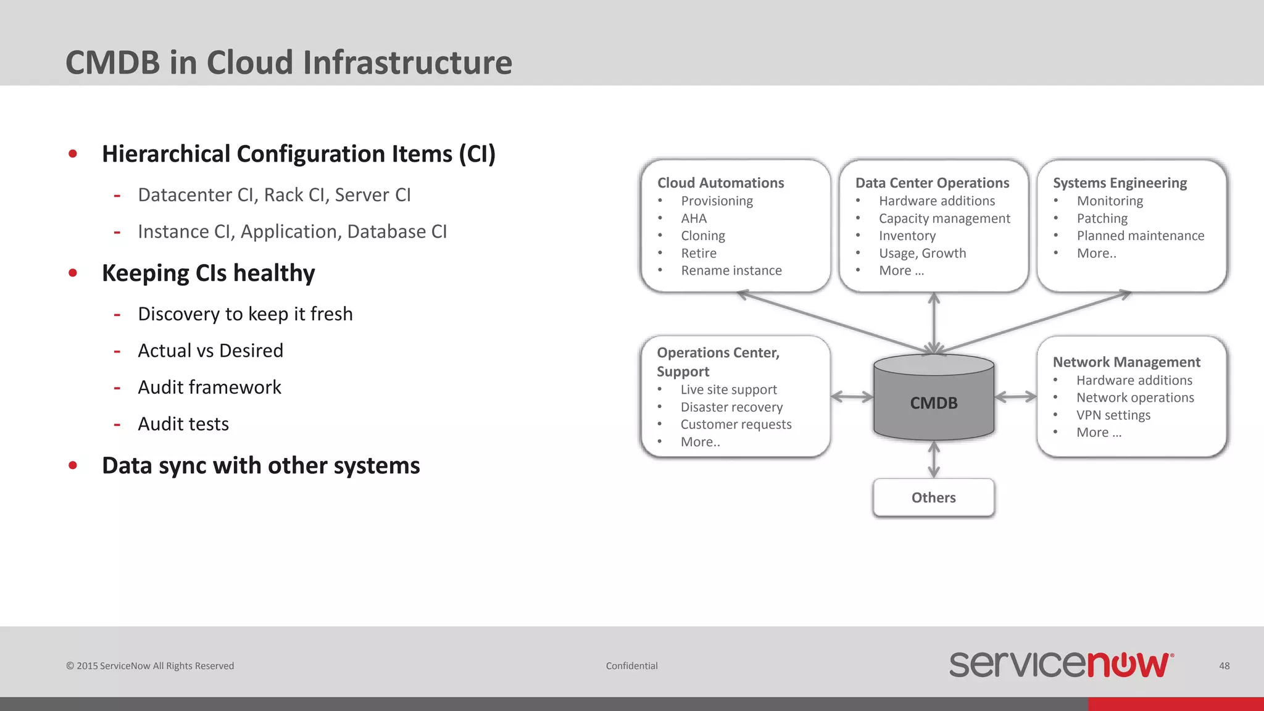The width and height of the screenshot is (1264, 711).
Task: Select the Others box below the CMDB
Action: point(933,497)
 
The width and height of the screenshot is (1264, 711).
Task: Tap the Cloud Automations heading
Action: point(720,183)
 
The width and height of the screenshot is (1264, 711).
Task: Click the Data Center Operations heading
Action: point(932,183)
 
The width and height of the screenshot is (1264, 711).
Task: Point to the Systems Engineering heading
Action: point(1120,183)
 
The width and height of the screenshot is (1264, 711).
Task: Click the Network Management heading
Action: point(1126,362)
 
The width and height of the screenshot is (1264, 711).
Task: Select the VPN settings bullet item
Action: point(1113,415)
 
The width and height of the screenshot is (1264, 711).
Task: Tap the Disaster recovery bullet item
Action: point(731,407)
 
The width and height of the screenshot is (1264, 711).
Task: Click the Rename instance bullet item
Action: point(731,270)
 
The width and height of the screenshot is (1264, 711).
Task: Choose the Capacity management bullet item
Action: point(944,218)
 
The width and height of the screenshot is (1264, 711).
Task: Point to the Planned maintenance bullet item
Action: point(1140,236)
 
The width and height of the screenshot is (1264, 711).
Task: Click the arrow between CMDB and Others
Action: point(934,459)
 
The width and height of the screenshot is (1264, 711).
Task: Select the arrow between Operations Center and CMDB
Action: point(852,397)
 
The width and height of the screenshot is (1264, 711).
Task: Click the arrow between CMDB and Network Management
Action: point(1016,397)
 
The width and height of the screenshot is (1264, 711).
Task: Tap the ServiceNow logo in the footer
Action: point(1060,665)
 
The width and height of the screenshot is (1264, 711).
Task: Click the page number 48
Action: point(1224,666)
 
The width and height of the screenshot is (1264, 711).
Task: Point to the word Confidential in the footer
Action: point(631,666)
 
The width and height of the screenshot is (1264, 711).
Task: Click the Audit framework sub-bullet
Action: point(209,387)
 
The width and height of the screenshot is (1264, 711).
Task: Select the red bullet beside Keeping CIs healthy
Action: point(73,273)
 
